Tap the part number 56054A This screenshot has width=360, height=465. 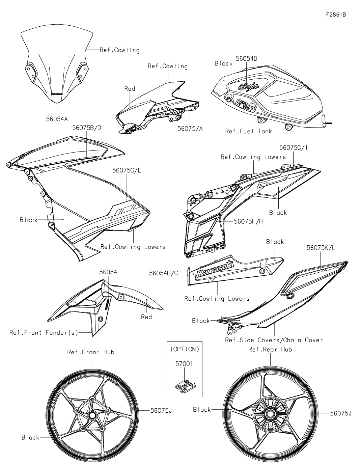(x=57, y=119)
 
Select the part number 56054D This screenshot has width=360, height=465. (x=246, y=58)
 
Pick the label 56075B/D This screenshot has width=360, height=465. (x=86, y=128)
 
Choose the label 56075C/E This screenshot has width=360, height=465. (x=127, y=170)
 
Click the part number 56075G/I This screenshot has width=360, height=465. (x=293, y=147)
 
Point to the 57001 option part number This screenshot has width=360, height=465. (x=185, y=364)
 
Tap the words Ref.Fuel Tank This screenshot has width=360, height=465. (x=248, y=131)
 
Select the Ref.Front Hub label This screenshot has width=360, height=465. (x=91, y=352)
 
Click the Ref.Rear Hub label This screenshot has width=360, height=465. (x=270, y=350)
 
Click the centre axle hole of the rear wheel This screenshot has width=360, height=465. (x=270, y=414)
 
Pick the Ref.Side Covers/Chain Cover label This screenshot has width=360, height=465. (x=274, y=340)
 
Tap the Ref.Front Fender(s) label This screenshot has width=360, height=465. (x=44, y=333)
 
